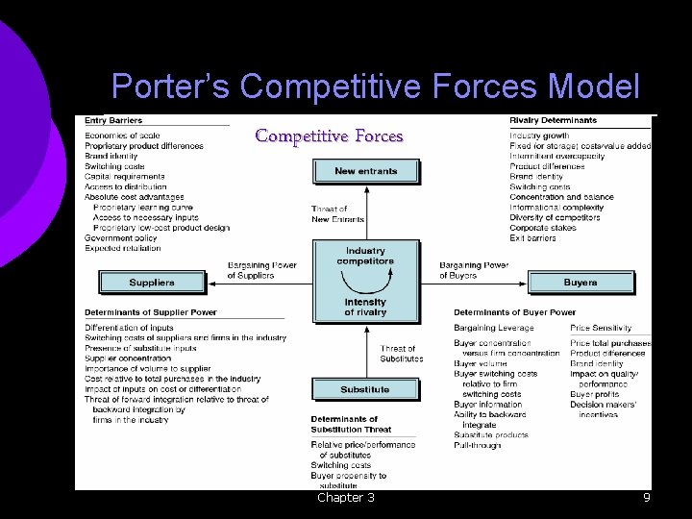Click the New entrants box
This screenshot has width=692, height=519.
click(x=365, y=171)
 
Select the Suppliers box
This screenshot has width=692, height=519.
click(x=152, y=283)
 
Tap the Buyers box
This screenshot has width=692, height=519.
click(x=580, y=283)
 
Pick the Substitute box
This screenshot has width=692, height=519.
click(x=365, y=389)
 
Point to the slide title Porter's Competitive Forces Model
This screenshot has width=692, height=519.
click(x=375, y=87)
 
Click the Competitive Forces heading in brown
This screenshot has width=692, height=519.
click(x=329, y=136)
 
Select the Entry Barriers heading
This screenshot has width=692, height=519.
click(x=113, y=121)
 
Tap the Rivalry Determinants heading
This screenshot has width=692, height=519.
click(x=553, y=121)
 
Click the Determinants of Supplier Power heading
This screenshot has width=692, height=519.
click(x=151, y=312)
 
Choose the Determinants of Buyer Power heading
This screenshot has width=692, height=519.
click(x=514, y=312)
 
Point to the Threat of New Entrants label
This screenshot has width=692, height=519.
click(x=337, y=214)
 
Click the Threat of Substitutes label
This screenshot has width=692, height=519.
click(x=401, y=354)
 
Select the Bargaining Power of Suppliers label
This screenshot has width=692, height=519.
click(x=262, y=270)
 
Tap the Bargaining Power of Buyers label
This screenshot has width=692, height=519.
click(x=474, y=270)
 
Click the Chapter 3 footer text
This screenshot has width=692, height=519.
click(x=346, y=498)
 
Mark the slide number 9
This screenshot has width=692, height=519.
click(x=647, y=498)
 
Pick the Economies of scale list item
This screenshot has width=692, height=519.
click(x=122, y=136)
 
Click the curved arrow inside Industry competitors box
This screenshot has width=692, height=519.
click(x=365, y=283)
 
